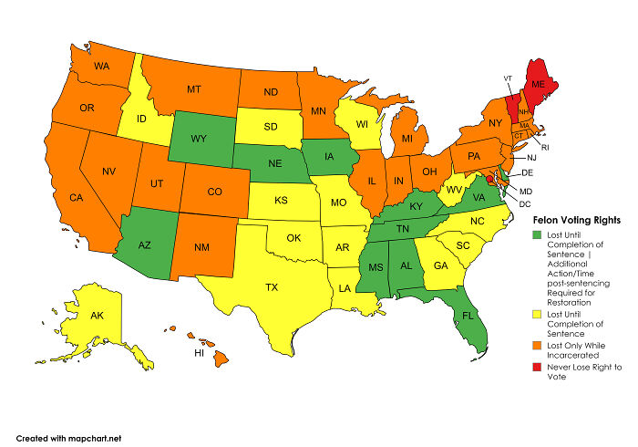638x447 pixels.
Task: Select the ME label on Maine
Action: click(537, 84)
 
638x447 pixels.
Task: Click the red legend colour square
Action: click(535, 367)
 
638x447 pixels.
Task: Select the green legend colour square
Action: click(535, 234)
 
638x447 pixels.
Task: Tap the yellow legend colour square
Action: click(535, 313)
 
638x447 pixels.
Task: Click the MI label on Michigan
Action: click(408, 139)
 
